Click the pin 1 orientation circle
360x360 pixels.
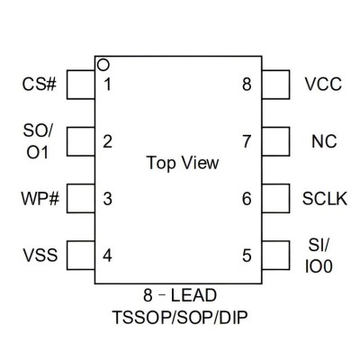[103, 61]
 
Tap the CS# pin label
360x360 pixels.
[40, 85]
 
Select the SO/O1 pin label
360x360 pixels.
[38, 141]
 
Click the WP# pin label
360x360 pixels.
[40, 199]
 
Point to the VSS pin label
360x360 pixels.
[40, 256]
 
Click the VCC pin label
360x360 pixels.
[323, 85]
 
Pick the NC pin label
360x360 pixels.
[324, 141]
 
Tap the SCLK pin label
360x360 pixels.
[325, 199]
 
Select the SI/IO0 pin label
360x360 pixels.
[319, 256]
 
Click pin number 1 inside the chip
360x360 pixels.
[107, 85]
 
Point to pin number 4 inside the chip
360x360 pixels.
[107, 256]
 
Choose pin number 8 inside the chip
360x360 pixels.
[247, 85]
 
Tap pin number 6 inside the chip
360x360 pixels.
[247, 199]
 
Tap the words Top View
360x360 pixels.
[183, 163]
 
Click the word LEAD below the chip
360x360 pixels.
[193, 295]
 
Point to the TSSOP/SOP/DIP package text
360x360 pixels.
[180, 318]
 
